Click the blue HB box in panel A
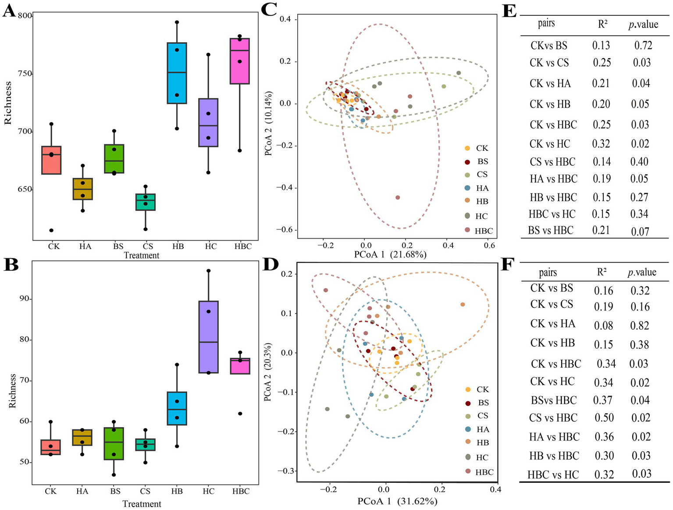[x=177, y=73]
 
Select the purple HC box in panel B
[x=208, y=337]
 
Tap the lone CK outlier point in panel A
[x=51, y=230]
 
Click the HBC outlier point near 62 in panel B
[x=240, y=414]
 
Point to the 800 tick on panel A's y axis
[x=25, y=16]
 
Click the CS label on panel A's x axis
[x=148, y=246]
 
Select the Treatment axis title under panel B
[x=142, y=504]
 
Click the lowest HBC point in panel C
[x=398, y=197]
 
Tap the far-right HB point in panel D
[x=463, y=304]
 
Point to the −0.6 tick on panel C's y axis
[x=285, y=230]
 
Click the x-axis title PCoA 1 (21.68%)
[x=390, y=254]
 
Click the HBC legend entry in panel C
[x=483, y=231]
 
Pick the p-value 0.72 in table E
[x=643, y=45]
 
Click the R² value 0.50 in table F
[x=604, y=418]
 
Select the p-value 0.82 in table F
[x=640, y=325]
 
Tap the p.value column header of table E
[x=643, y=24]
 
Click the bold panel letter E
[x=509, y=11]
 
